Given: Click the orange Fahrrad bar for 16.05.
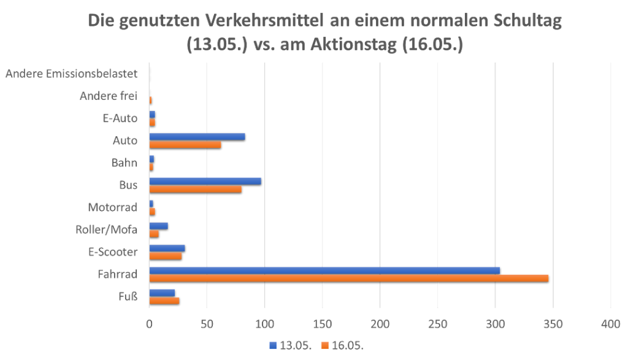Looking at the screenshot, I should coord(348,278).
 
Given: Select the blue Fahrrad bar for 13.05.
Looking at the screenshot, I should coord(324,270).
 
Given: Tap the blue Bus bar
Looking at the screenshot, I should coord(205,181).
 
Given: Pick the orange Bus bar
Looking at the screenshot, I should coord(195,189).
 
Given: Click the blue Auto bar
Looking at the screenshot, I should coord(197,136).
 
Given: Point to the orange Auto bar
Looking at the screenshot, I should coord(185,144).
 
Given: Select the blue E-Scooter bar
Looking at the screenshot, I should coord(167,248).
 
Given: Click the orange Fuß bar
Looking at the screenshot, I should coord(164,301).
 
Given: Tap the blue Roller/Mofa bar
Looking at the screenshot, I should coord(159,226).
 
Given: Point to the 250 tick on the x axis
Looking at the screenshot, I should coord(438,323).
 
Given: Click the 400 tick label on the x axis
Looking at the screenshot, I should coord(611,323).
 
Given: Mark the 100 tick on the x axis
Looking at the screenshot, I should coord(264,323).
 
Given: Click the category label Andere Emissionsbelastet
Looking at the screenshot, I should coord(75,74).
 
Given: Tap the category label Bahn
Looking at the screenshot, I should coord(124,163).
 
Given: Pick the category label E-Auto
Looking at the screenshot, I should coord(121,118).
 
